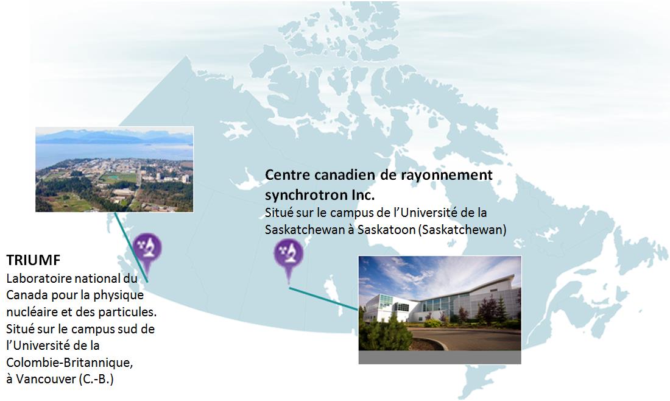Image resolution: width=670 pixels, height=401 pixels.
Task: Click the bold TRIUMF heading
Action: tap(33, 260)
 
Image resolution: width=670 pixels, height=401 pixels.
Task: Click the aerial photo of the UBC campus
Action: tap(115, 169)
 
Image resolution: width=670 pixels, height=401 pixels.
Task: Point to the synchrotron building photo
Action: tap(440, 303)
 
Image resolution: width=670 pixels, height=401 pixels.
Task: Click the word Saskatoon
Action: tap(386, 230)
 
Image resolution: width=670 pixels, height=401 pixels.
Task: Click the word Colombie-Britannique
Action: tap(69, 363)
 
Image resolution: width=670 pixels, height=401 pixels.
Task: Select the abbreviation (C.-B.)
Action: tap(96, 379)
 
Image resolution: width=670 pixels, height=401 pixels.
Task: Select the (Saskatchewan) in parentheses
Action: tap(462, 230)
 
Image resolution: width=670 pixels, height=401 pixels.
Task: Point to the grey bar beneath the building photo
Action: tap(440, 357)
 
